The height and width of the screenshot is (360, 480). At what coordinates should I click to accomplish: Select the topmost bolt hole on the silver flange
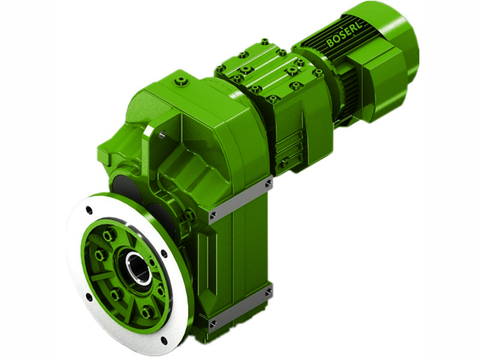[x=89, y=210]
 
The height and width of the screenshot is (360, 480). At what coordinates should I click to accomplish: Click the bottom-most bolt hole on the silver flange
[x=164, y=341]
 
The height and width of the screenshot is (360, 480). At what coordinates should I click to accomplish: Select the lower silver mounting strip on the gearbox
[x=240, y=307]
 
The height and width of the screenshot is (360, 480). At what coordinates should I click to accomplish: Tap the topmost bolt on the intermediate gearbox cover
[x=265, y=42]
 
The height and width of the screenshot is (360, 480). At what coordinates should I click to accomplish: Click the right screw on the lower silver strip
[x=268, y=292]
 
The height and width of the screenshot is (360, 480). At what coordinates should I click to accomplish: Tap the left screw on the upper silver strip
[x=213, y=214]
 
